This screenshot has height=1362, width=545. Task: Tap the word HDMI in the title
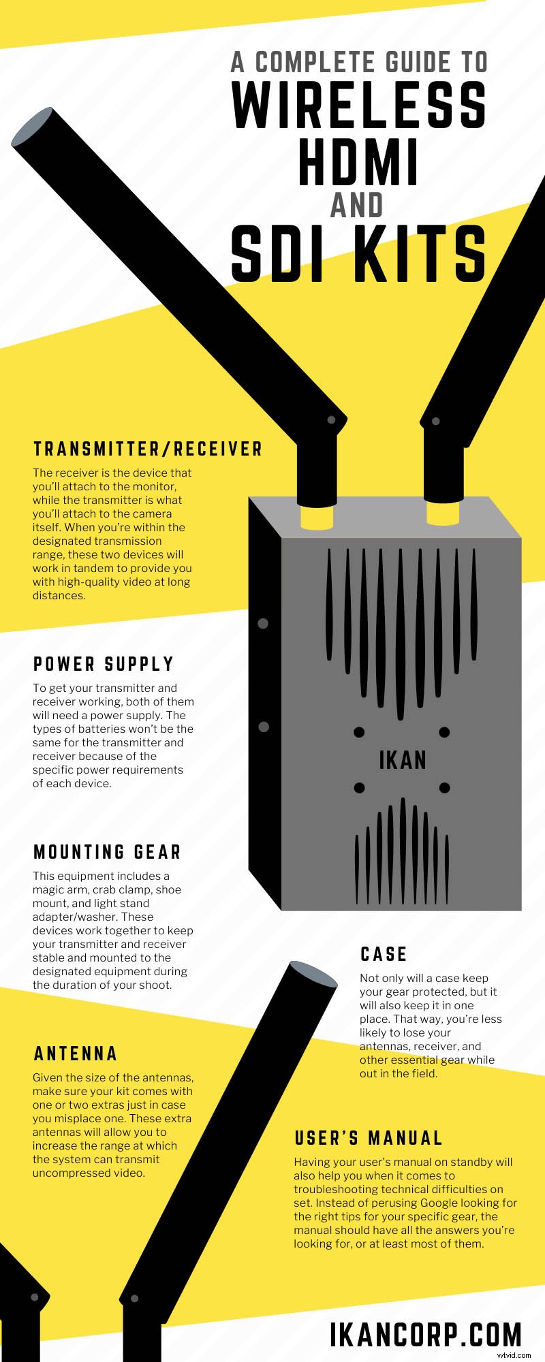pyautogui.click(x=358, y=163)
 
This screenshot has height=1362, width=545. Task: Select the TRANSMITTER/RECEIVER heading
pyautogui.click(x=148, y=449)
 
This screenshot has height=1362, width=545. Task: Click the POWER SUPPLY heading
pyautogui.click(x=104, y=664)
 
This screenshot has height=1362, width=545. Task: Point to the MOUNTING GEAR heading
pyautogui.click(x=108, y=852)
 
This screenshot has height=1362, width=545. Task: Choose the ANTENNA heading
pyautogui.click(x=76, y=1054)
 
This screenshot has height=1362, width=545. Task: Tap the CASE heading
pyautogui.click(x=384, y=954)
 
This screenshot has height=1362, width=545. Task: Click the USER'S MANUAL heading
pyautogui.click(x=369, y=1138)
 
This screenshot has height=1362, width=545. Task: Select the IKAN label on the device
pyautogui.click(x=403, y=760)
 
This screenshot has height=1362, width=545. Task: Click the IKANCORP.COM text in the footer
pyautogui.click(x=426, y=1335)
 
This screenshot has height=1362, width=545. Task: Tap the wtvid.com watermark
pyautogui.click(x=514, y=1355)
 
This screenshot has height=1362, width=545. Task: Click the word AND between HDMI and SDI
pyautogui.click(x=357, y=206)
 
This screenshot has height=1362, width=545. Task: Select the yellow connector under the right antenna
pyautogui.click(x=443, y=513)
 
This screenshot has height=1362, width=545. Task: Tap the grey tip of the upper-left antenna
pyautogui.click(x=32, y=127)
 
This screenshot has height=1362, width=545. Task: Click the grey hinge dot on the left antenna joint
pyautogui.click(x=332, y=420)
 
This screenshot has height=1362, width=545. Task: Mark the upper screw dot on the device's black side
pyautogui.click(x=263, y=623)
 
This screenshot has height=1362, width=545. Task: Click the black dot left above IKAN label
pyautogui.click(x=359, y=732)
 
